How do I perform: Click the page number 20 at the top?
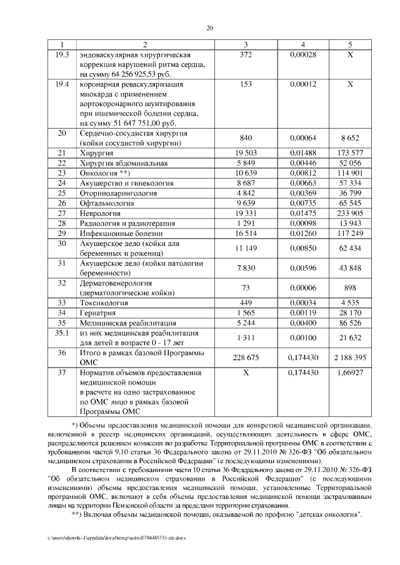pos(209,27)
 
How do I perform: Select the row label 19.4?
pos(61,84)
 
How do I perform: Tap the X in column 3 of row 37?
pos(245,373)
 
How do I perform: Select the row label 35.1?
pos(61,333)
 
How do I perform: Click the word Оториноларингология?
pos(118,193)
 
